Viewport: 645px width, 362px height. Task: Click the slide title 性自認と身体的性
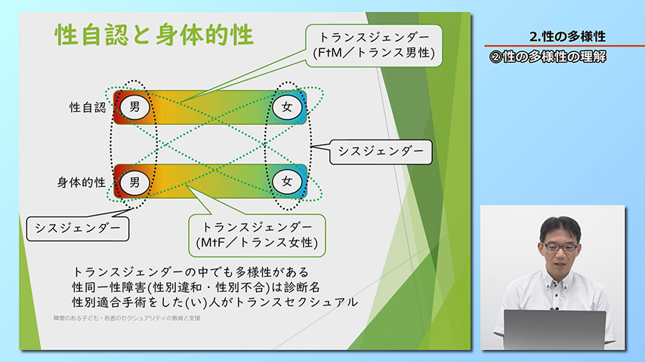[x=153, y=35]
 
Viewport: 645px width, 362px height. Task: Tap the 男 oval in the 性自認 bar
[x=135, y=106]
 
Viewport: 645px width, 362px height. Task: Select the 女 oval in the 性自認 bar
[x=287, y=106]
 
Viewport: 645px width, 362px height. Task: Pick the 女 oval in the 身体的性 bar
[x=287, y=181]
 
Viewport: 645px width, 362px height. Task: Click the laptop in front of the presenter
[x=554, y=329]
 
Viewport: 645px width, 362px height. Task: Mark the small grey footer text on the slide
[x=126, y=318]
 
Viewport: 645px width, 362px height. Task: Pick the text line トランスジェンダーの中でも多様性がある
[x=191, y=271]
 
